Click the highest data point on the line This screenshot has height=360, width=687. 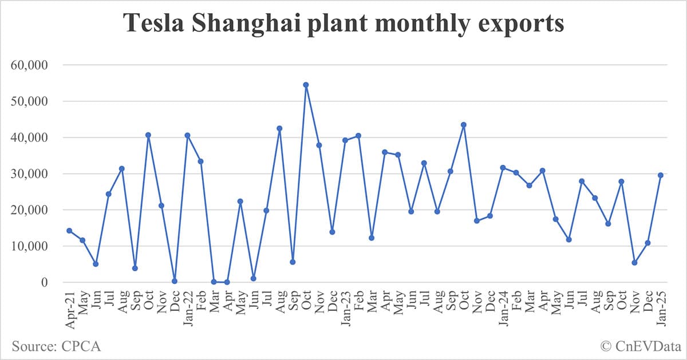pyautogui.click(x=306, y=85)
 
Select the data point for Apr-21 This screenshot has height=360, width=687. pyautogui.click(x=69, y=231)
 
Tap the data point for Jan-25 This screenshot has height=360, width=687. pyautogui.click(x=661, y=175)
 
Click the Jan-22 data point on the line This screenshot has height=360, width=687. pyautogui.click(x=188, y=136)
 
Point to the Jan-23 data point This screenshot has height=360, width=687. pyautogui.click(x=345, y=140)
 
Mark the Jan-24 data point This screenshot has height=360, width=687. pyautogui.click(x=503, y=168)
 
